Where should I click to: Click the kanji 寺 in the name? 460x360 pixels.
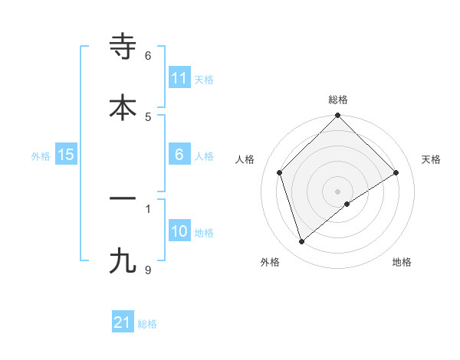click(123, 47)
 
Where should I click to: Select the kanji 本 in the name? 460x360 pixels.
click(123, 106)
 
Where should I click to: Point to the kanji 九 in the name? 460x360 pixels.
click(123, 260)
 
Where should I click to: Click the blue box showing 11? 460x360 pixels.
click(179, 78)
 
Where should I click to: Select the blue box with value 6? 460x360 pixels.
click(179, 155)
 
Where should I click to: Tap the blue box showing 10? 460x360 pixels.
click(179, 231)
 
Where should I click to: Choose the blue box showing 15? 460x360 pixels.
click(66, 155)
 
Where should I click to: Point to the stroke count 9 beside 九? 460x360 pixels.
click(149, 270)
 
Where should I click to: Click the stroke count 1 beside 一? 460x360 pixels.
click(149, 208)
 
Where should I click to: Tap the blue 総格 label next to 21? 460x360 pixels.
click(147, 324)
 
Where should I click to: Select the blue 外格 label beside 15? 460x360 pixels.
click(41, 156)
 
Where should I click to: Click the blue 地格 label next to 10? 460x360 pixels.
click(204, 233)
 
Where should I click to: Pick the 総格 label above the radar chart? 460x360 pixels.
click(338, 100)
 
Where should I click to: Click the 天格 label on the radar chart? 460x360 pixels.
click(432, 159)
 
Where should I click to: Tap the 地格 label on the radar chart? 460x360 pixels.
click(402, 263)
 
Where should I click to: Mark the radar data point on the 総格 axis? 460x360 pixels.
click(338, 116)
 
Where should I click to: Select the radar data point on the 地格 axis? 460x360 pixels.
click(347, 204)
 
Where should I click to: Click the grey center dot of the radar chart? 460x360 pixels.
click(338, 191)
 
